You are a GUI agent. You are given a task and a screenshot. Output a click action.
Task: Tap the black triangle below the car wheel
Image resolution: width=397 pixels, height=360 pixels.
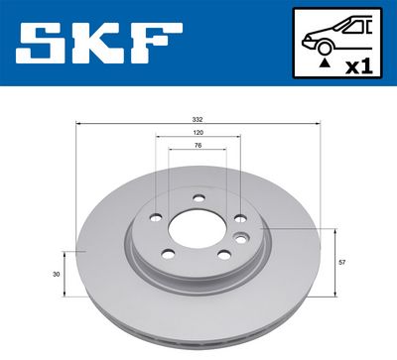322,63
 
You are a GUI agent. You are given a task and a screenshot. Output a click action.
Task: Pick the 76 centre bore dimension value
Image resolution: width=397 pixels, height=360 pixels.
198,145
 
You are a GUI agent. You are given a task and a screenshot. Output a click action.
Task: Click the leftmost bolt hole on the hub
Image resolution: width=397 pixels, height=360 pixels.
156,218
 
